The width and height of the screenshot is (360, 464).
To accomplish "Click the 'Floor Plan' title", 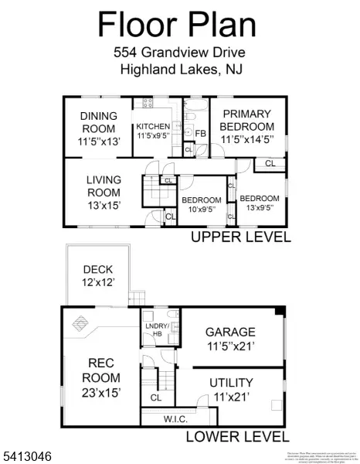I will pyautogui.click(x=176, y=25).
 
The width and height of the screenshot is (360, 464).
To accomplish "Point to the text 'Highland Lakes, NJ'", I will pyautogui.click(x=178, y=70).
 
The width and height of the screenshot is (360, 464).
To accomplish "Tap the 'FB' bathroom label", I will pyautogui.click(x=200, y=134).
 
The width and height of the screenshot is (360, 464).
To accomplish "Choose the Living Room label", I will pyautogui.click(x=104, y=192).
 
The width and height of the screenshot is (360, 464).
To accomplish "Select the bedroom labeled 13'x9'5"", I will pyautogui.click(x=259, y=203).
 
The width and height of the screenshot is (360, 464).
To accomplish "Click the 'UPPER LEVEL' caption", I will pyautogui.click(x=240, y=237).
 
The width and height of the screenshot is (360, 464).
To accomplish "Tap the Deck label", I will pyautogui.click(x=99, y=275).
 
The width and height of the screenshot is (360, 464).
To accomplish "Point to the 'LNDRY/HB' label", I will pyautogui.click(x=160, y=329).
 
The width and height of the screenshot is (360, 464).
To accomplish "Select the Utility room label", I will pyautogui.click(x=231, y=388).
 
